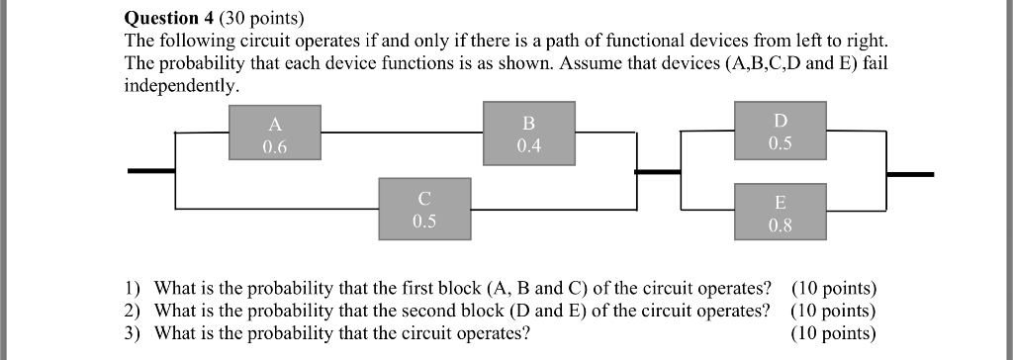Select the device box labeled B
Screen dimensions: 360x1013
(528, 133)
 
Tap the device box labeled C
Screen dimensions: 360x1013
(423, 209)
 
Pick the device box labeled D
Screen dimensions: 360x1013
(780, 131)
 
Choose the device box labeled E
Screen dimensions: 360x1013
(780, 212)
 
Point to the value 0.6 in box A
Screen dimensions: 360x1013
(274, 146)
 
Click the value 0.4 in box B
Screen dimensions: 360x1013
(528, 145)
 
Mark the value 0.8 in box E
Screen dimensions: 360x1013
(780, 225)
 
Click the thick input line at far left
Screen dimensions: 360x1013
(150, 171)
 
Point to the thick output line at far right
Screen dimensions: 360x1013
(909, 174)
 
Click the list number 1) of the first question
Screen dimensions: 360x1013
(133, 289)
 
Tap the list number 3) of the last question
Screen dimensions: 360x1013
(133, 332)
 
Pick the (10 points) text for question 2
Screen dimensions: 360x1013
(834, 311)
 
